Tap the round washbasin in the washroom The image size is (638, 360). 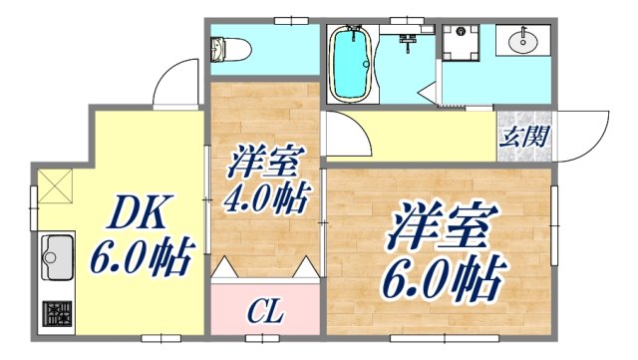tap(521, 43)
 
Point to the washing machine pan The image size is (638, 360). tap(463, 43)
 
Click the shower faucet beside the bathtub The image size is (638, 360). tap(406, 42)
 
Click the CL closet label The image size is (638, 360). tap(265, 313)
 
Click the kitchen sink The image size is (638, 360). tap(54, 256)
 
